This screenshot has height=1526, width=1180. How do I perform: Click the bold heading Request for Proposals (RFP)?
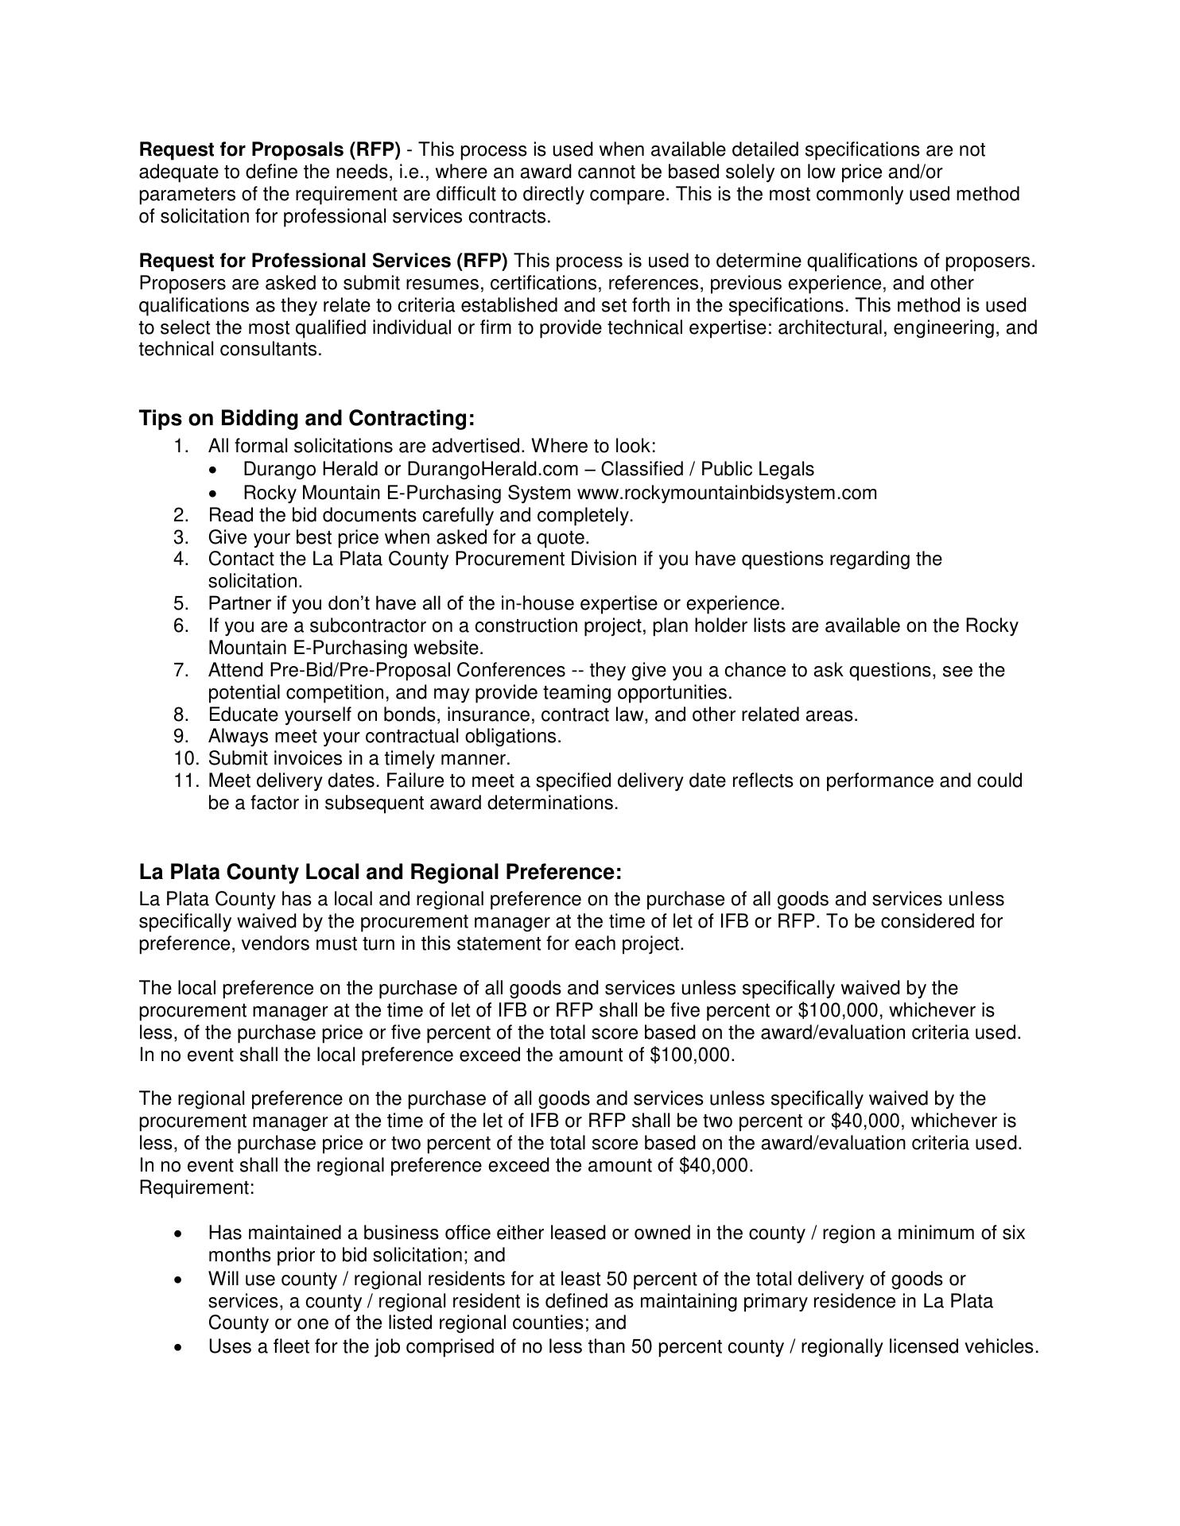pos(270,149)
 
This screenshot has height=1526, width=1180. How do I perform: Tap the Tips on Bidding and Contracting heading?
pos(306,418)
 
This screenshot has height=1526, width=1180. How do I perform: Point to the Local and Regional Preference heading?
pos(380,872)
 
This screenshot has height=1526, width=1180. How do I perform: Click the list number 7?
pos(180,670)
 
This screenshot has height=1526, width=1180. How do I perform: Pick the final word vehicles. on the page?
pos(1001,1347)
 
